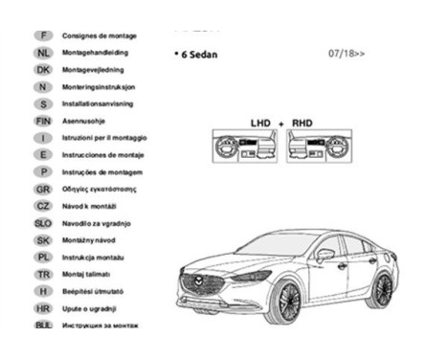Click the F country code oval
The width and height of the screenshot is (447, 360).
pyautogui.click(x=42, y=34)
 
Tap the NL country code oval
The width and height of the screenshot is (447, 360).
pyautogui.click(x=42, y=52)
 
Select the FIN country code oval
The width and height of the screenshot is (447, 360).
pyautogui.click(x=42, y=121)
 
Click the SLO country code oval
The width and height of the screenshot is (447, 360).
pyautogui.click(x=42, y=223)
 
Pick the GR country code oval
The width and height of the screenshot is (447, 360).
pyautogui.click(x=42, y=189)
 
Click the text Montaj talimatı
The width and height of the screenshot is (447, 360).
pyautogui.click(x=89, y=275)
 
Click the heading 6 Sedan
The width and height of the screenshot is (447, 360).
pyautogui.click(x=197, y=56)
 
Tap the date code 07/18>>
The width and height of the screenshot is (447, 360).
pyautogui.click(x=346, y=54)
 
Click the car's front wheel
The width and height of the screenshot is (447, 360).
pyautogui.click(x=286, y=300)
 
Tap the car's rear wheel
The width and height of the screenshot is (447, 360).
pyautogui.click(x=382, y=287)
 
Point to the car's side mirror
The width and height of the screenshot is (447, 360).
pyautogui.click(x=325, y=255)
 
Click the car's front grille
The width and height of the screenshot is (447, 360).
pyautogui.click(x=205, y=283)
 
